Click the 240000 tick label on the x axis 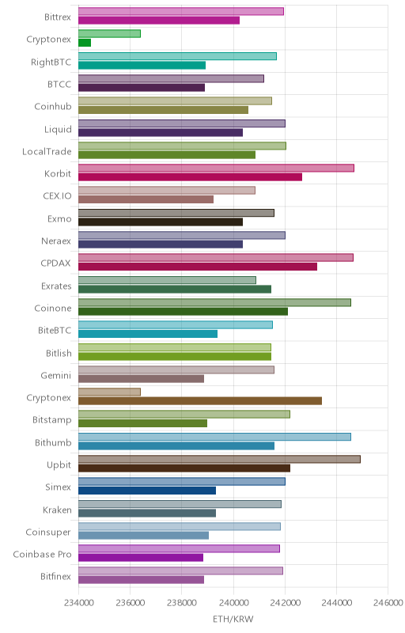(233, 603)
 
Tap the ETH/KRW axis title (233, 620)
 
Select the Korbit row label (58, 173)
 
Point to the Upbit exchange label (59, 465)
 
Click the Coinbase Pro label (42, 555)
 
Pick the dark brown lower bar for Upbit (184, 468)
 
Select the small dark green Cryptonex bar (85, 43)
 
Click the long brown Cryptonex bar (200, 401)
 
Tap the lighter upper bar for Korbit (216, 168)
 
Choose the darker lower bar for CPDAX (198, 267)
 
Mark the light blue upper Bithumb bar (214, 437)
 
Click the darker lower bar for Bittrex (159, 21)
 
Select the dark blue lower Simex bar (147, 491)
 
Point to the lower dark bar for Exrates (175, 289)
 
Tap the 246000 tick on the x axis (388, 603)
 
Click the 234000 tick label (79, 603)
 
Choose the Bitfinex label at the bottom (55, 577)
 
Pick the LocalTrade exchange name (47, 151)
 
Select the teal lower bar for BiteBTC (148, 334)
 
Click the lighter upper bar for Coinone (214, 302)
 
